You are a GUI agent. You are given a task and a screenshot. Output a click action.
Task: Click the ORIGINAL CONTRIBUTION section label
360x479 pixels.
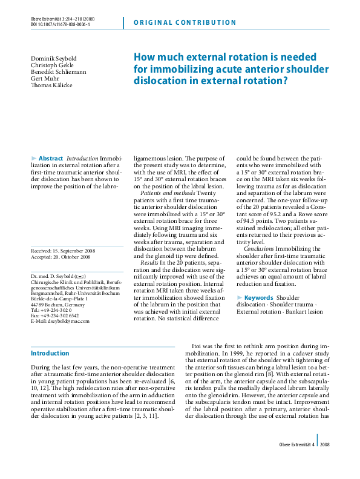(x=183, y=23)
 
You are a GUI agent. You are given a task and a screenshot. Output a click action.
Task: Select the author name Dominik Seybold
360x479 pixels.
(x=51, y=58)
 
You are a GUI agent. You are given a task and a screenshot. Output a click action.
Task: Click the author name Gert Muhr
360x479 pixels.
(x=42, y=78)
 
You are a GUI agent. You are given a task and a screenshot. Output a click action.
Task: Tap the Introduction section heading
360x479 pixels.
(x=50, y=353)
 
